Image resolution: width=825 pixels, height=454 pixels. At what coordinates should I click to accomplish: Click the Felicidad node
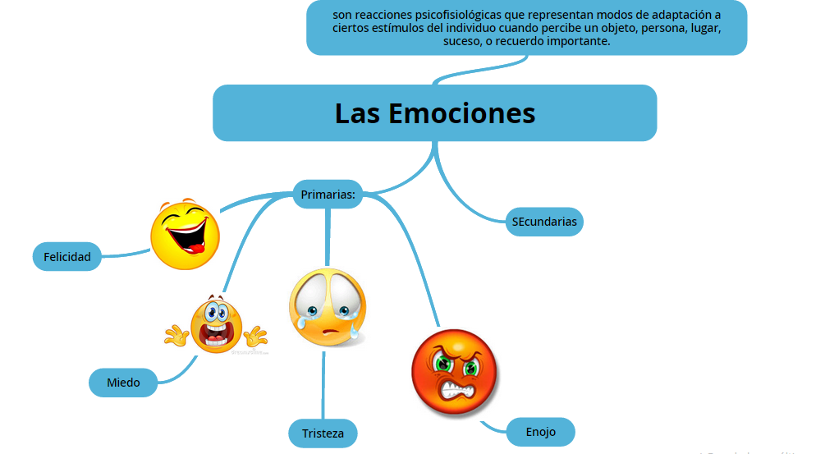tap(67, 257)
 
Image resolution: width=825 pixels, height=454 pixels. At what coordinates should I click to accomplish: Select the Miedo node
tap(123, 383)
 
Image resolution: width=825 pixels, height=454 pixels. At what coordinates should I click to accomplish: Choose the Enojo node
tap(540, 432)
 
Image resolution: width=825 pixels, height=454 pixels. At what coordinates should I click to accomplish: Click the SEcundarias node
tap(544, 222)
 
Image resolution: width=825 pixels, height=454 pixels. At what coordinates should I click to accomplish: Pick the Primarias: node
tap(328, 195)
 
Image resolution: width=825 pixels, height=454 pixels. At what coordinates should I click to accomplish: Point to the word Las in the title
tap(357, 112)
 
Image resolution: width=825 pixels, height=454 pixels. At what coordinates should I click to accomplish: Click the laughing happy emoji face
tap(186, 234)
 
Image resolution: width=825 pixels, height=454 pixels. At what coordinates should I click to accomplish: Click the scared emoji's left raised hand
tap(176, 334)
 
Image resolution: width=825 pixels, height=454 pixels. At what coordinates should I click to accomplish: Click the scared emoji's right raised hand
tap(256, 335)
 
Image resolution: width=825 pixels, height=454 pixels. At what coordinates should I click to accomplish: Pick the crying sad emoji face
tap(327, 307)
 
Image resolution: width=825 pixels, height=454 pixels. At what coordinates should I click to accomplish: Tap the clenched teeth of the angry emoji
tap(456, 389)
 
